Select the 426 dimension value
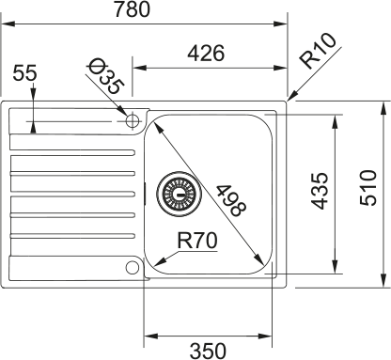pos(204,54)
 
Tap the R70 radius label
pos(198,241)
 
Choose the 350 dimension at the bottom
pos(208,351)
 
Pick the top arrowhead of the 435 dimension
pos(336,117)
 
